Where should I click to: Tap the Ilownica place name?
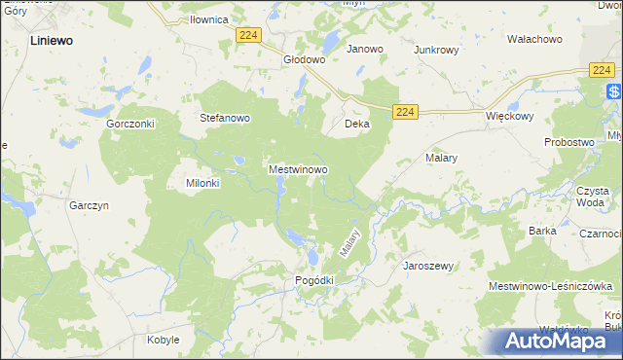tap(209, 19)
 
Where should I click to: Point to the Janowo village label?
tap(365, 49)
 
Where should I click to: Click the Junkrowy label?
tap(435, 49)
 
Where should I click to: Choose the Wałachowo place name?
tap(534, 39)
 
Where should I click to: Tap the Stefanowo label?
tap(226, 119)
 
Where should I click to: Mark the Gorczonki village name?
tap(131, 125)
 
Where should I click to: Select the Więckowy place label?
tap(510, 115)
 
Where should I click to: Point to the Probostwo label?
tap(569, 142)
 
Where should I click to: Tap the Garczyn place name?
tap(88, 206)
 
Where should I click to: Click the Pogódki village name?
tap(314, 280)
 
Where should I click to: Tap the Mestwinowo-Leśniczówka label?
tap(552, 286)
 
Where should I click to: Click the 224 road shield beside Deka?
tap(407, 113)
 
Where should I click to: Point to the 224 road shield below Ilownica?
tap(248, 35)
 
